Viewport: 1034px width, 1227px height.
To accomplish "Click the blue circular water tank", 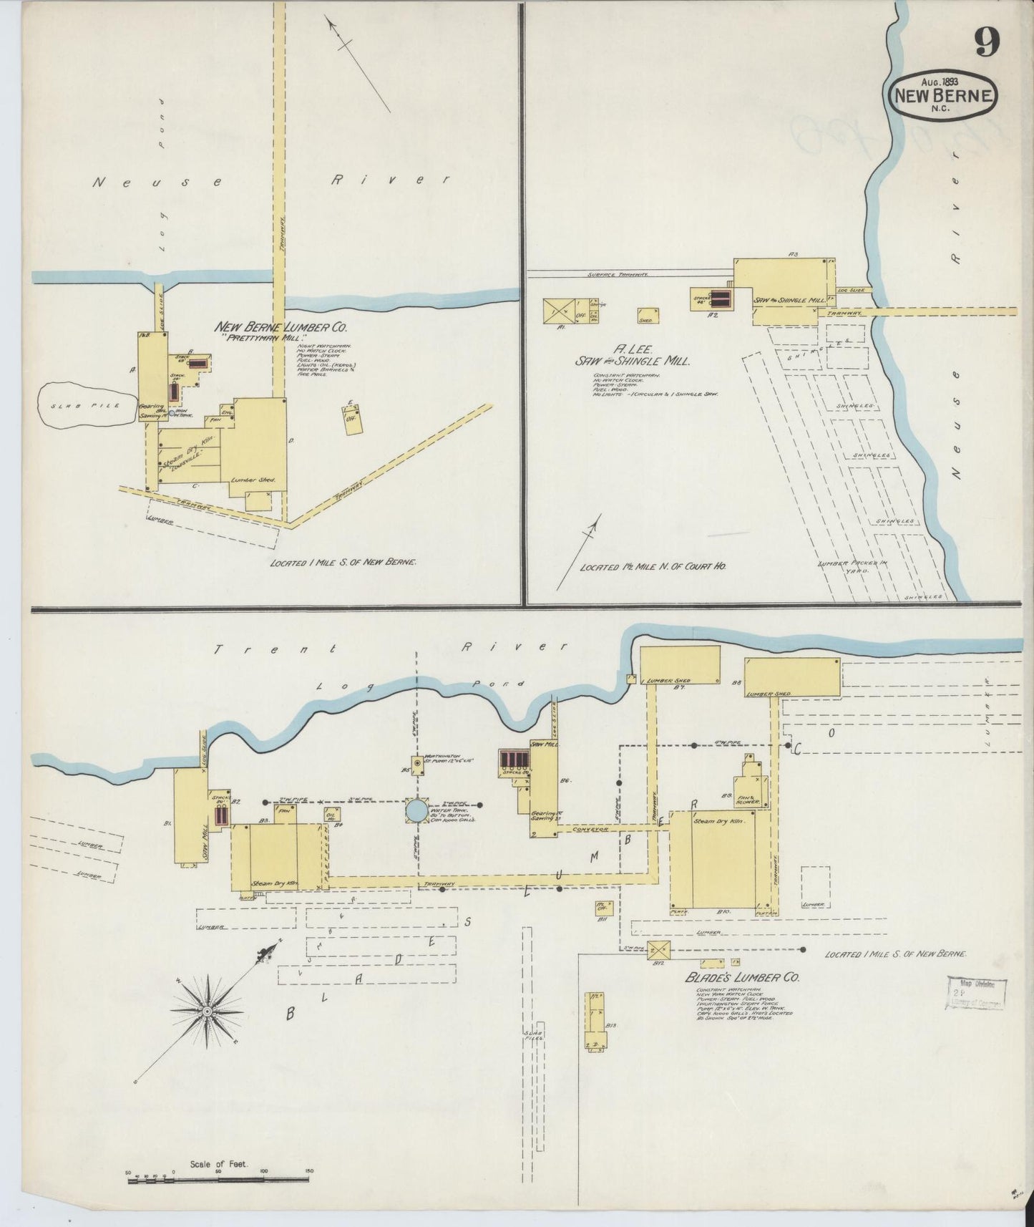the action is coord(416,810).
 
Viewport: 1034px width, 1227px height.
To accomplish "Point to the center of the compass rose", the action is coord(206,1011).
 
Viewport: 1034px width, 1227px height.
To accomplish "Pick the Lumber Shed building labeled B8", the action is coord(793,676).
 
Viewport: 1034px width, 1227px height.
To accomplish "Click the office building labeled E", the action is coord(351,419).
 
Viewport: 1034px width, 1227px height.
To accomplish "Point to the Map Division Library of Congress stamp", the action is coord(977,992).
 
